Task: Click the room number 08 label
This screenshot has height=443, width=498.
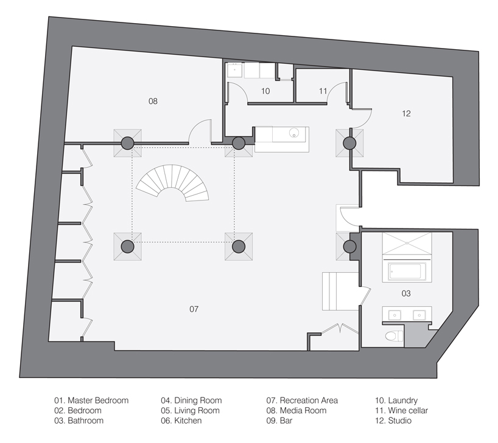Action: tap(153, 101)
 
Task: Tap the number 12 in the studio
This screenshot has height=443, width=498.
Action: tap(407, 113)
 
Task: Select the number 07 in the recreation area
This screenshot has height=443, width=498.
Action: tap(194, 309)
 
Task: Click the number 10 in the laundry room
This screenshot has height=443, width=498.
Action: tap(265, 91)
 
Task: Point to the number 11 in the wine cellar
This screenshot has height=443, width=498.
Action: tap(323, 91)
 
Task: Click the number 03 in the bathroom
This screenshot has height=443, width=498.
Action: tap(406, 294)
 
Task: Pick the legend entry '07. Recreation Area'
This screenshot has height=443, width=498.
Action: tap(302, 400)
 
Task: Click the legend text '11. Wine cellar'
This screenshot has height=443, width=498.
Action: tap(402, 411)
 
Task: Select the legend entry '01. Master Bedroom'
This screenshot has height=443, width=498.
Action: tap(91, 400)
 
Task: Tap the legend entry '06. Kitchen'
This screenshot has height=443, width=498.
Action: tap(181, 421)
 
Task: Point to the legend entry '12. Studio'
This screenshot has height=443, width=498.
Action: tap(394, 421)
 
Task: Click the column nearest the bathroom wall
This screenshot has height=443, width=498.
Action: tap(349, 247)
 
